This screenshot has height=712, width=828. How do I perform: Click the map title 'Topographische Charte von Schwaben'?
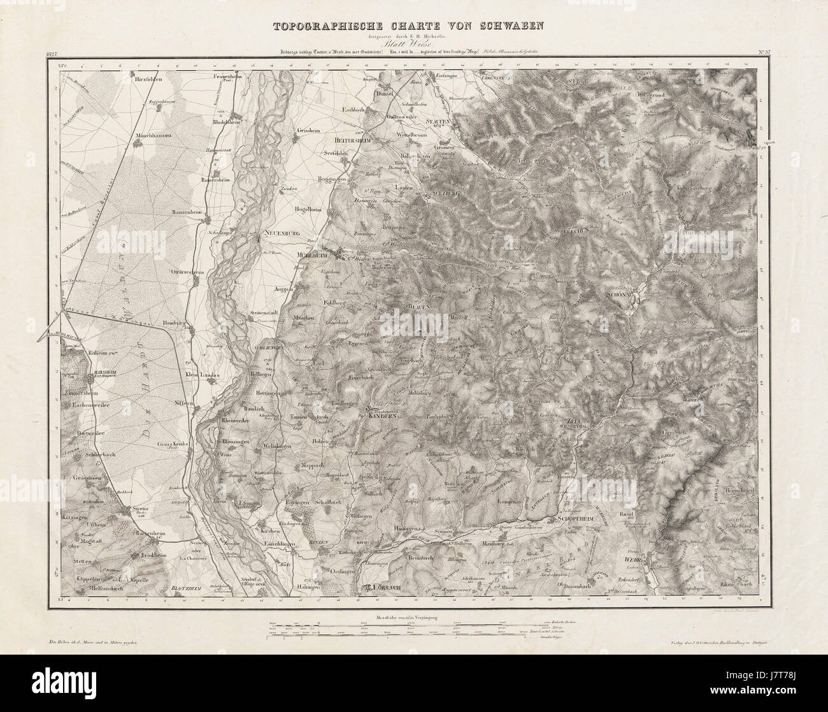pyautogui.click(x=413, y=27)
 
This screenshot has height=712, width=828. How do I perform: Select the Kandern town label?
pyautogui.click(x=382, y=416)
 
